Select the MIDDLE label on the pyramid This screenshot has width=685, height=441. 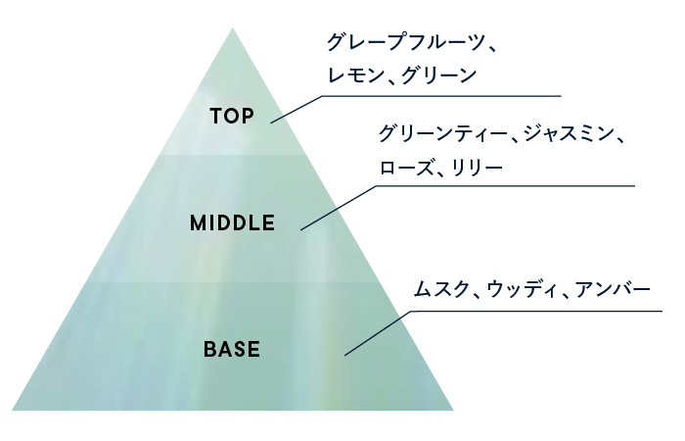click(x=232, y=222)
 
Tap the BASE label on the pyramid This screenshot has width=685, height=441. click(x=232, y=348)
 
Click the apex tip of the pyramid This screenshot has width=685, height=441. click(x=233, y=29)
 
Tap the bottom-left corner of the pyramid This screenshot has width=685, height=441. click(x=14, y=409)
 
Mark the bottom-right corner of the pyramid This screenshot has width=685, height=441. click(x=452, y=409)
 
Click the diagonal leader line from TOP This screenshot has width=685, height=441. click(x=296, y=109)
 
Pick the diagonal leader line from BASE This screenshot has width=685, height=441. click(x=377, y=333)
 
